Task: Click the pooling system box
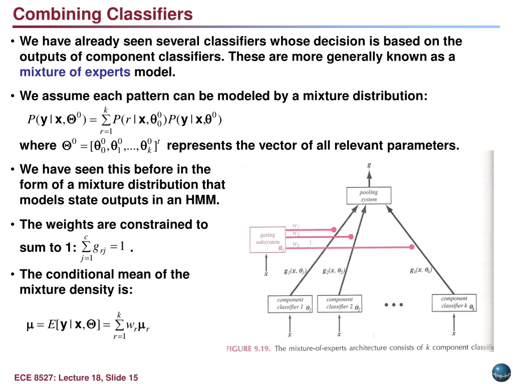[369, 195]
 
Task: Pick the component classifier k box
[455, 302]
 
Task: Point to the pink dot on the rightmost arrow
[412, 247]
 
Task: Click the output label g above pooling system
[369, 164]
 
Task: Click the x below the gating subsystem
[266, 273]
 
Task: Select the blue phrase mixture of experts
[75, 72]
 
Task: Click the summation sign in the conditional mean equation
[119, 325]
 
